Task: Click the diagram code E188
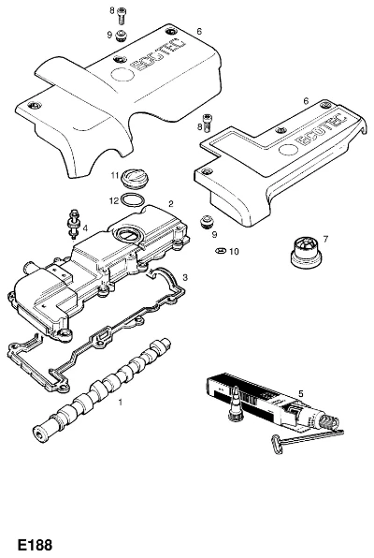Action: point(35,545)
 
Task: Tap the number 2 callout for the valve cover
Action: point(171,204)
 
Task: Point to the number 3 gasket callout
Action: point(185,277)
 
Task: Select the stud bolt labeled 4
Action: point(74,224)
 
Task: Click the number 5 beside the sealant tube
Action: point(301,393)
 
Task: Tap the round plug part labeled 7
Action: point(306,252)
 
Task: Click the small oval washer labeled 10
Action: point(220,251)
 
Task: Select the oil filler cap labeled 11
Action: point(135,178)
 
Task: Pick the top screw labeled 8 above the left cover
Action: point(122,15)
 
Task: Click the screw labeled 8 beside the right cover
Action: point(207,123)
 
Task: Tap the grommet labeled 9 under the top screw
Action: point(121,36)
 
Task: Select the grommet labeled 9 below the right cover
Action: point(207,221)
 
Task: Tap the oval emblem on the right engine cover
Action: point(290,150)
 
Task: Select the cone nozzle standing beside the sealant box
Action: point(236,404)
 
